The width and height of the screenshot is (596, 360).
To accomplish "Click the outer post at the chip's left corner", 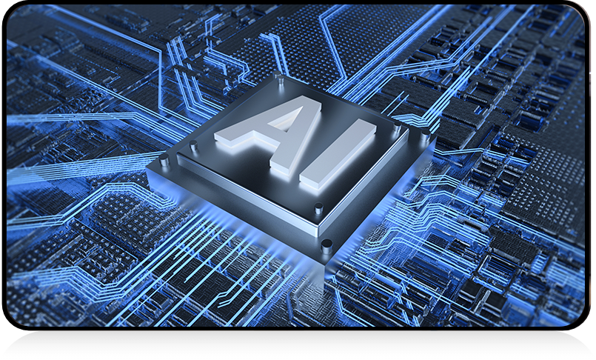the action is click(164, 160).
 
